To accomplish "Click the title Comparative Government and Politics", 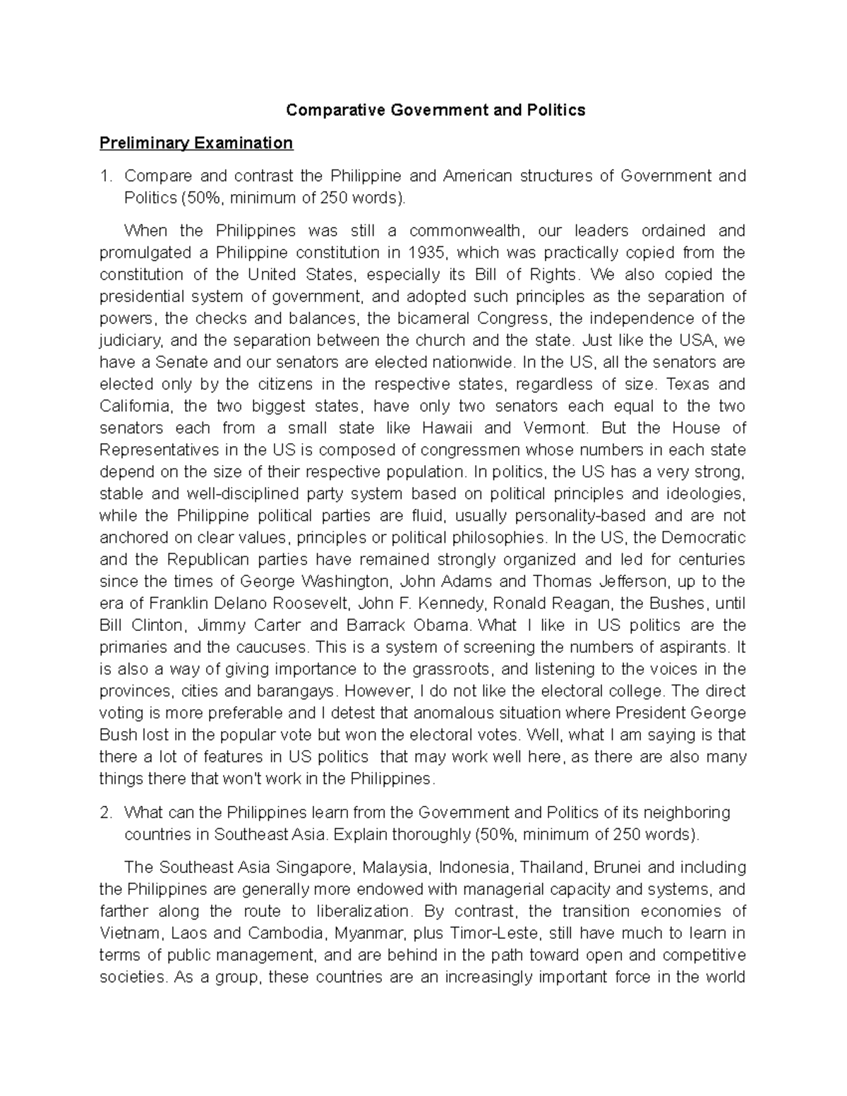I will tap(435, 110).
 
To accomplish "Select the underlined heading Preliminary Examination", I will tap(196, 143).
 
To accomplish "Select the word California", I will tap(134, 407).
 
